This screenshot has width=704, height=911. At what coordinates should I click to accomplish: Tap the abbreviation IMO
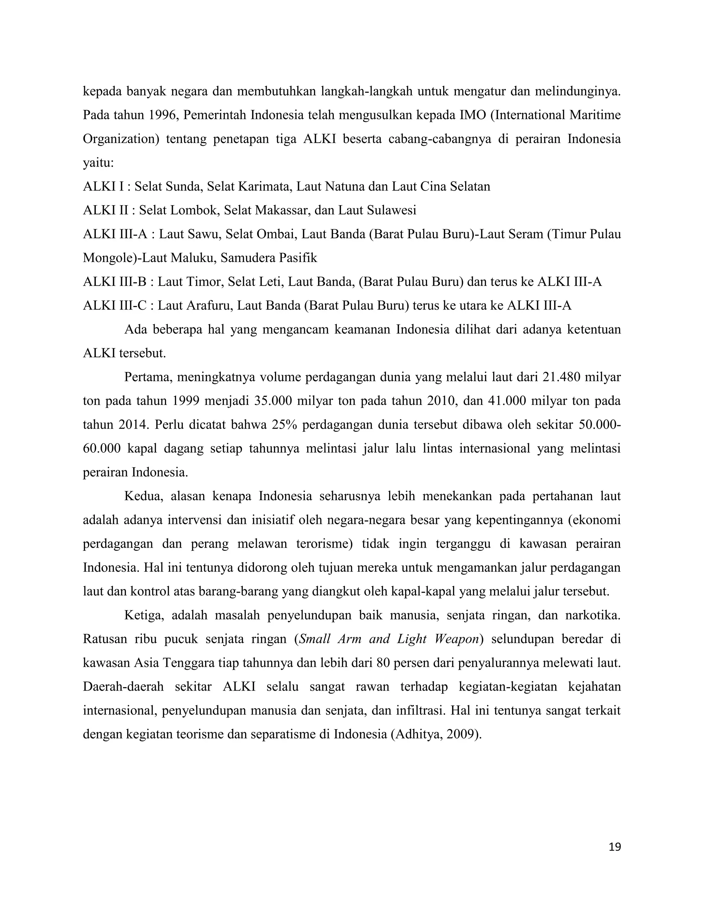click(472, 115)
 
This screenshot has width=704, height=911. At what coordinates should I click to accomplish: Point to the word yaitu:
click(98, 163)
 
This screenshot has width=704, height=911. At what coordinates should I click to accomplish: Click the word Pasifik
click(298, 258)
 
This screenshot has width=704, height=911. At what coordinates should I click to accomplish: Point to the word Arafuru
click(209, 306)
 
